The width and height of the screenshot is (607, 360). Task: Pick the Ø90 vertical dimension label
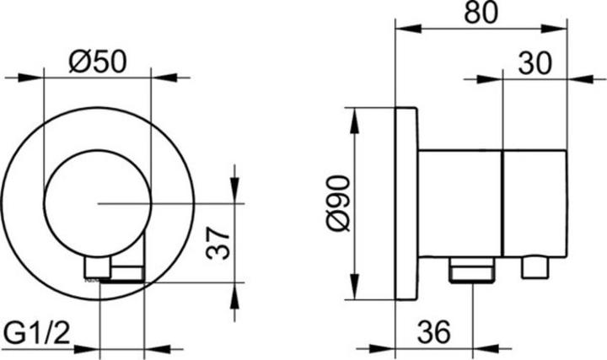point(335,203)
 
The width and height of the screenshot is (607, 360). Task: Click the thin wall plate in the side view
point(406,203)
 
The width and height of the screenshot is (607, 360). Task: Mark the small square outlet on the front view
point(97,269)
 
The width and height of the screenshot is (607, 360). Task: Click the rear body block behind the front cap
point(459,203)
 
